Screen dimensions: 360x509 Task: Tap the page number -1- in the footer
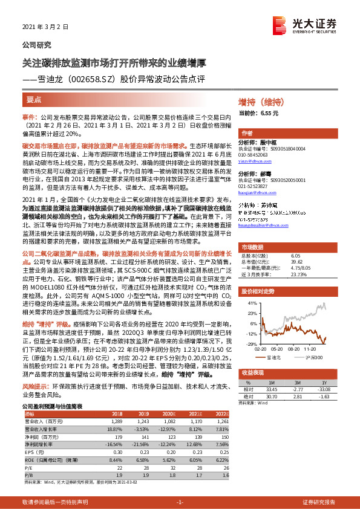180,502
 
